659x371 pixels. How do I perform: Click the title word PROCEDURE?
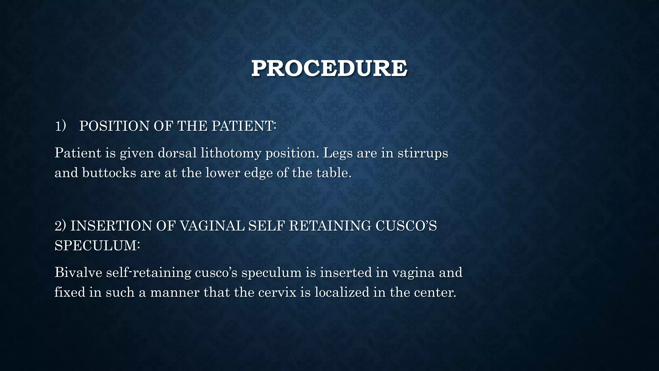[329, 68]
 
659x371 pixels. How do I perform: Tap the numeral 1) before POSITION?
[60, 126]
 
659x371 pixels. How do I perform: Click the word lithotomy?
[231, 153]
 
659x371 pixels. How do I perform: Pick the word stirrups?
[423, 153]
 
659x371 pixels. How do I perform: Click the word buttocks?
[109, 173]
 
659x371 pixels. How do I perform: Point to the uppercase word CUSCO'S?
[406, 226]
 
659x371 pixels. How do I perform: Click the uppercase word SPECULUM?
[96, 246]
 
